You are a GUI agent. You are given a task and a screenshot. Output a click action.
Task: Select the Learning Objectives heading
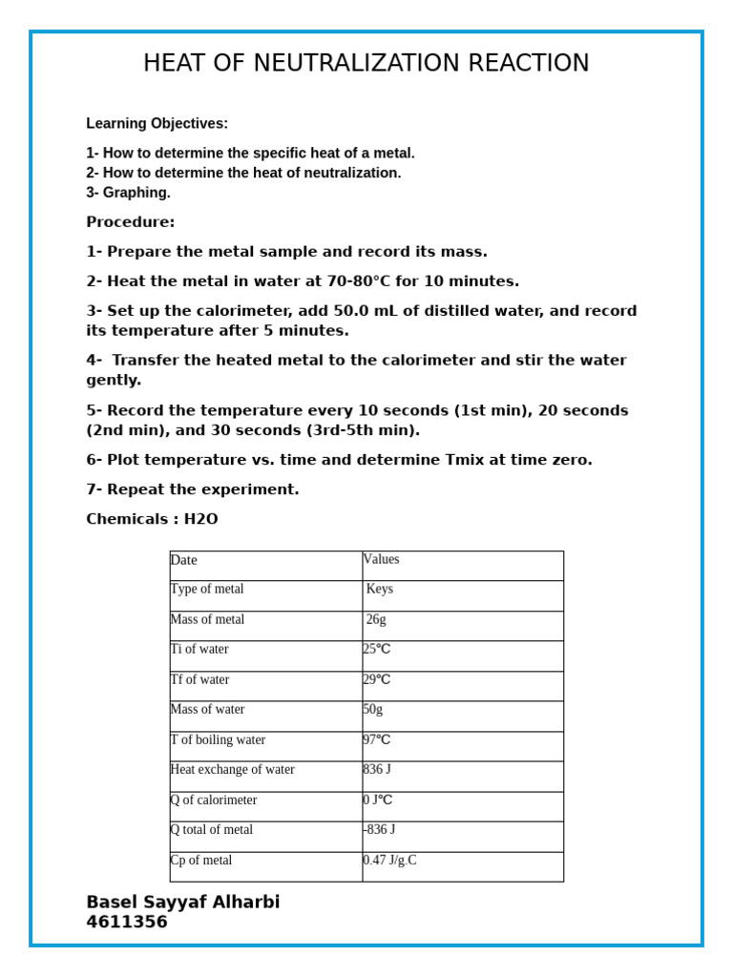click(157, 123)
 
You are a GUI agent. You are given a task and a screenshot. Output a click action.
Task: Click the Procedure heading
click(131, 222)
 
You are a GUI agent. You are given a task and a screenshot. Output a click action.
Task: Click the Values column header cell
click(382, 560)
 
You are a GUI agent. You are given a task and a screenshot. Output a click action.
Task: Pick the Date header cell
click(184, 560)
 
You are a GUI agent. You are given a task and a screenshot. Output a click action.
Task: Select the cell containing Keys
click(380, 590)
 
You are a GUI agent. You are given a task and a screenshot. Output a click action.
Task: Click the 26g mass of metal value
click(376, 620)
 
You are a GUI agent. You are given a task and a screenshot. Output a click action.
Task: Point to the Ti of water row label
click(199, 650)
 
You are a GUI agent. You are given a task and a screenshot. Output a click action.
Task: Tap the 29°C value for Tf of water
click(377, 680)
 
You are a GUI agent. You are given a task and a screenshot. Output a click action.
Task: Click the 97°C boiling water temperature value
click(377, 740)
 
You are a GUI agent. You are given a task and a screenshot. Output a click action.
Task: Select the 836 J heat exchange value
click(377, 770)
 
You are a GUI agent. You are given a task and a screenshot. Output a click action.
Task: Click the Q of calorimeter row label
click(214, 800)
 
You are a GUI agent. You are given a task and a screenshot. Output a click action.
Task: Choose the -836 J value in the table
click(379, 830)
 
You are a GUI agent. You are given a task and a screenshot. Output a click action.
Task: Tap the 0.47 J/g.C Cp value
click(389, 861)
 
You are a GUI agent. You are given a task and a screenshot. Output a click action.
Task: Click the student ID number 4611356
click(127, 923)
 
